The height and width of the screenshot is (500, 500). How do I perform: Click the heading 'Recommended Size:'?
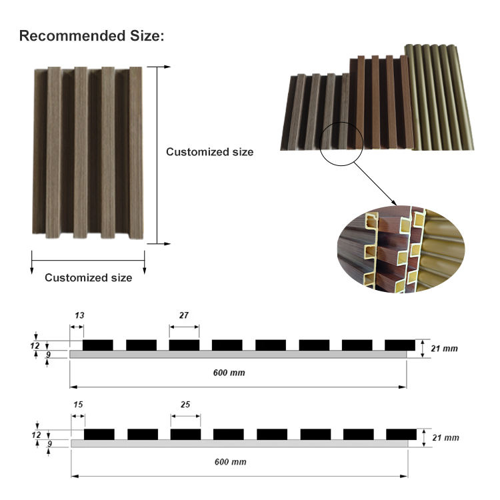point(91,35)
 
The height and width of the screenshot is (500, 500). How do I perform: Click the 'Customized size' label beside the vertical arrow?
point(209,152)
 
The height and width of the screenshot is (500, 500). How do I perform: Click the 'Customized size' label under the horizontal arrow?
point(88,277)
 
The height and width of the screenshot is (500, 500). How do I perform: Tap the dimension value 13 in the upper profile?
point(80,315)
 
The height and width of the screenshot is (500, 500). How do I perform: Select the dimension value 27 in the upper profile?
point(184,315)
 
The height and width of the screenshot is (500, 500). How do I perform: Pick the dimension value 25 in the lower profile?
point(185,405)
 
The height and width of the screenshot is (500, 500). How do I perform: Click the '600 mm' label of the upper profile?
point(229,373)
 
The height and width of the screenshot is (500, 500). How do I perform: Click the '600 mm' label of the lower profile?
point(229,461)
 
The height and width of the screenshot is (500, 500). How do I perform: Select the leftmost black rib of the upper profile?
point(98,345)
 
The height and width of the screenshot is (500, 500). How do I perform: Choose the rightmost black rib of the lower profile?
point(401,434)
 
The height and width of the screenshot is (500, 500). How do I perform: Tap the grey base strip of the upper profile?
point(238,355)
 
